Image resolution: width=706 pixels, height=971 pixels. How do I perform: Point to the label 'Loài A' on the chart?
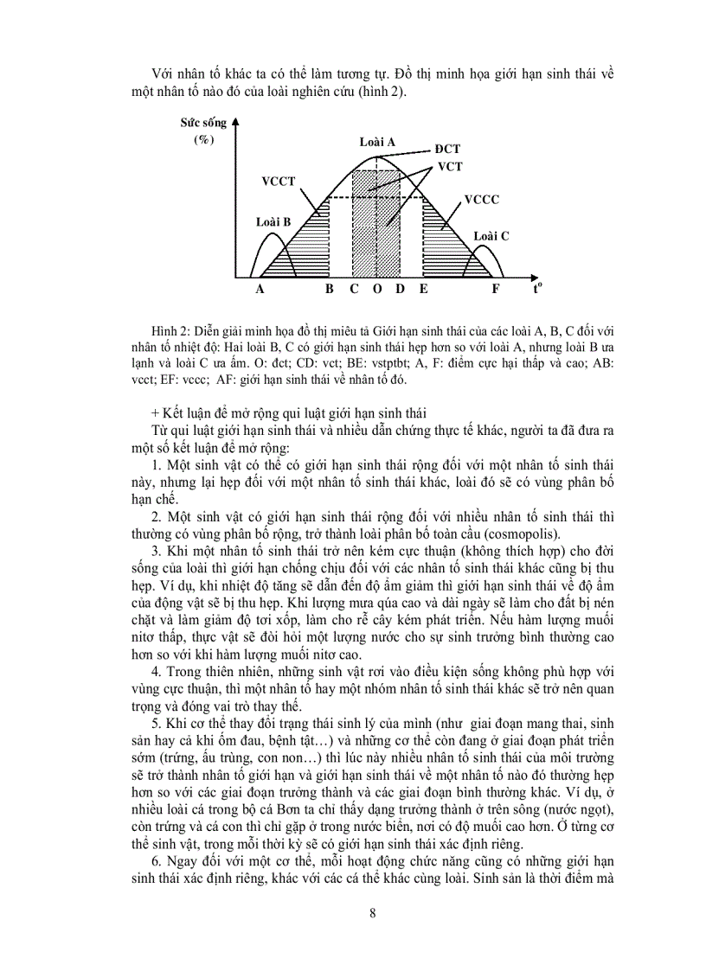[x=377, y=143]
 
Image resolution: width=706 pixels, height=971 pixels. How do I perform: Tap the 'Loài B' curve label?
[x=273, y=220]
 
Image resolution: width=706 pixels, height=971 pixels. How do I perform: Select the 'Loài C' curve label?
[x=491, y=235]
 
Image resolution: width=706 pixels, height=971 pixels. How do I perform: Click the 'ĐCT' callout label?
[x=447, y=149]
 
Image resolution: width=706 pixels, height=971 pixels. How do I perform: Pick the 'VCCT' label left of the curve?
[x=279, y=182]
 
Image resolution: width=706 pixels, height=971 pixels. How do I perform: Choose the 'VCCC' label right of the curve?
[x=481, y=199]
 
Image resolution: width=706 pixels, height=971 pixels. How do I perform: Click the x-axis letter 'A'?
[x=260, y=290]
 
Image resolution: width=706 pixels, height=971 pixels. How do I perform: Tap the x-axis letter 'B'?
[x=330, y=290]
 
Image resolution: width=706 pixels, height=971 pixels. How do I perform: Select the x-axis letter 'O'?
[x=377, y=290]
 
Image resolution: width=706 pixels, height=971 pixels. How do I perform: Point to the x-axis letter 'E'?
[x=424, y=290]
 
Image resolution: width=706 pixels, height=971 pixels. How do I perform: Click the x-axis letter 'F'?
[x=496, y=290]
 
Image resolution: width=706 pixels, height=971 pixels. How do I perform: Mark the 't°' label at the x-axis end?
[x=537, y=289]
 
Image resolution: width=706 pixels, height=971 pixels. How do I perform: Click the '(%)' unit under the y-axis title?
[x=203, y=140]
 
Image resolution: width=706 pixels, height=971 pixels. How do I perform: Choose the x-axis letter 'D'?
[x=400, y=290]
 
